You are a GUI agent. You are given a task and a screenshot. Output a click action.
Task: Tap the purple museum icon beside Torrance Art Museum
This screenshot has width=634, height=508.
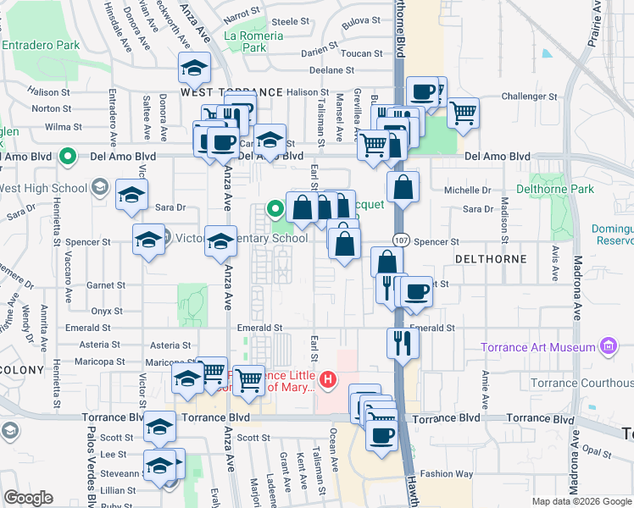coord(606,346)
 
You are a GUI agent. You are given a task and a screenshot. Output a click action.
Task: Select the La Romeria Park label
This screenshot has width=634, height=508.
coord(245,41)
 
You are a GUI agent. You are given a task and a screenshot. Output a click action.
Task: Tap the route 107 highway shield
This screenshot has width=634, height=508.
coord(402,241)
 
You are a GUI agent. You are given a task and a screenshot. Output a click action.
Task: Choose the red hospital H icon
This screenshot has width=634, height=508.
coord(325,382)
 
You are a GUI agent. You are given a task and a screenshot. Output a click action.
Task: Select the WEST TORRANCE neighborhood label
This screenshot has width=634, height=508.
coord(231,91)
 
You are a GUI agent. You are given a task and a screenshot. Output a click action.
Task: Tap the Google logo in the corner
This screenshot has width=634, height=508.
coord(29,498)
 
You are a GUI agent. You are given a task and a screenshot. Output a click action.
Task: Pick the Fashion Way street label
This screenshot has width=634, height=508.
coord(447,474)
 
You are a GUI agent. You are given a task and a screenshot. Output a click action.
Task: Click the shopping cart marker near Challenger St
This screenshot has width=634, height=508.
coord(463,111)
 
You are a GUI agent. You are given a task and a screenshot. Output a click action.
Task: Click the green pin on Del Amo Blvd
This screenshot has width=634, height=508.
coord(67,157)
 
